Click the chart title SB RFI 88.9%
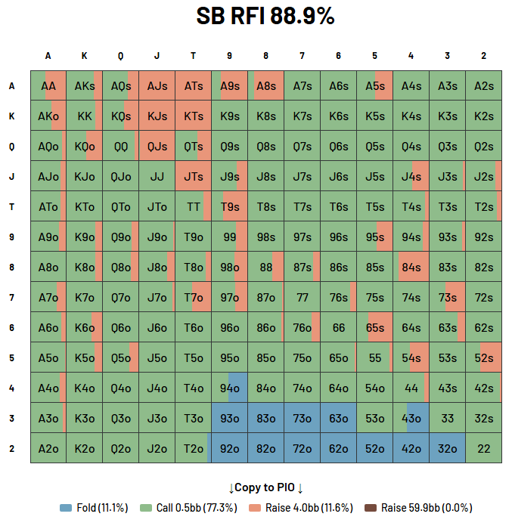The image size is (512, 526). pyautogui.click(x=265, y=16)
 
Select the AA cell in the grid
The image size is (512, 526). pyautogui.click(x=48, y=86)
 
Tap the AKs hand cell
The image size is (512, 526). pyautogui.click(x=85, y=86)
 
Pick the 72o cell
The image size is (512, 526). pyautogui.click(x=303, y=448)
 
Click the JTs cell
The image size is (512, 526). pyautogui.click(x=194, y=177)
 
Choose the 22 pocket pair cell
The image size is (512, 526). pyautogui.click(x=484, y=448)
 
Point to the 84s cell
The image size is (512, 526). pyautogui.click(x=411, y=267)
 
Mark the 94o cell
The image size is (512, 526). pyautogui.click(x=230, y=388)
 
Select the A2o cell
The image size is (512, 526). pyautogui.click(x=48, y=448)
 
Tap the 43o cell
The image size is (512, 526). pyautogui.click(x=411, y=418)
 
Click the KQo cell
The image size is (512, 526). pyautogui.click(x=85, y=147)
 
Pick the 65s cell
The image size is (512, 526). pyautogui.click(x=375, y=327)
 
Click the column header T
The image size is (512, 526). pyautogui.click(x=194, y=56)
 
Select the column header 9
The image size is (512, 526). pyautogui.click(x=230, y=56)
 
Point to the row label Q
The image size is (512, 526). pyautogui.click(x=12, y=147)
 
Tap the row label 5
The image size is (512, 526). pyautogui.click(x=12, y=357)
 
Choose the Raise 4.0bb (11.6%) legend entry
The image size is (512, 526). pyautogui.click(x=302, y=508)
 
